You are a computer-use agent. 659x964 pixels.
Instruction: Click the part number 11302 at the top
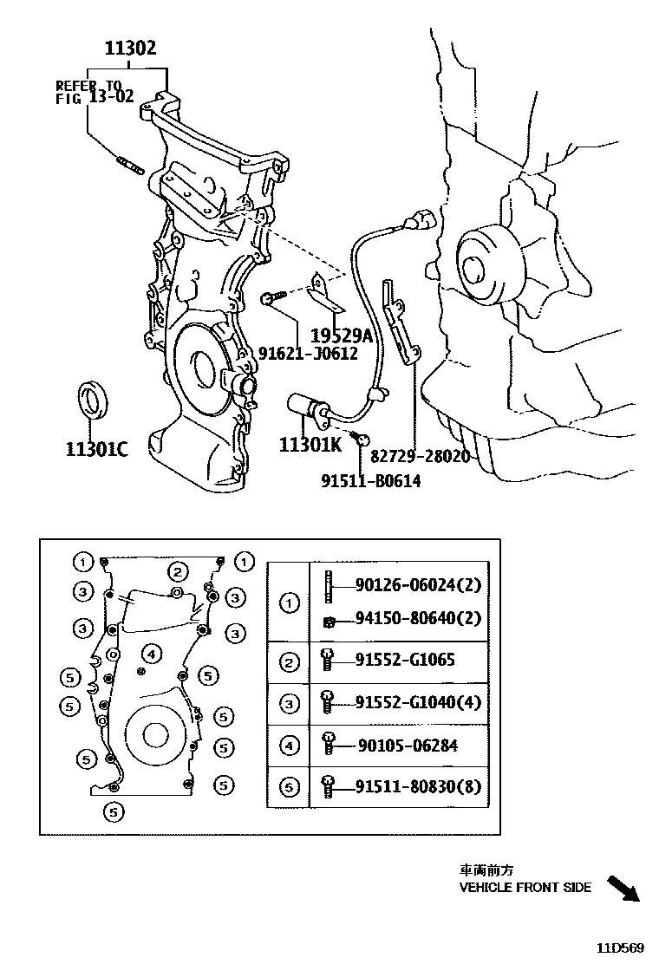coord(131,48)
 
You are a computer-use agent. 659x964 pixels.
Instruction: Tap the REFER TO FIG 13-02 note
coord(95,91)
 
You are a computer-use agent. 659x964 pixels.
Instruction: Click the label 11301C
coord(96,448)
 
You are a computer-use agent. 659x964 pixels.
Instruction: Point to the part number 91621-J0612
coord(308,353)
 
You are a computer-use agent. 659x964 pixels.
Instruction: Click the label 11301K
coord(310,445)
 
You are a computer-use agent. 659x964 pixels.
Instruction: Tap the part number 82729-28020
coord(420,456)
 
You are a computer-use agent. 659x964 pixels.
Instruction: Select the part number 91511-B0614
coord(370,480)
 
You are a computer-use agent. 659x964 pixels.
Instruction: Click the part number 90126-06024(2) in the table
coord(418,585)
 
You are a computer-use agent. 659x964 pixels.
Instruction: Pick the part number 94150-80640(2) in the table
coord(418,619)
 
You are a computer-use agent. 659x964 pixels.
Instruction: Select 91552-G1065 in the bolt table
coord(405,660)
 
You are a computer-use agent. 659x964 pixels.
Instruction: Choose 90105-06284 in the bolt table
coord(408,745)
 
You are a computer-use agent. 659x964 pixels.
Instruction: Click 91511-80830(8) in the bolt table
coord(418,786)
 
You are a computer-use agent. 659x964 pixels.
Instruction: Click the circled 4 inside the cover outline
coord(150,653)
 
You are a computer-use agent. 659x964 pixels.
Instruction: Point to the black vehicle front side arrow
coord(622,889)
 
